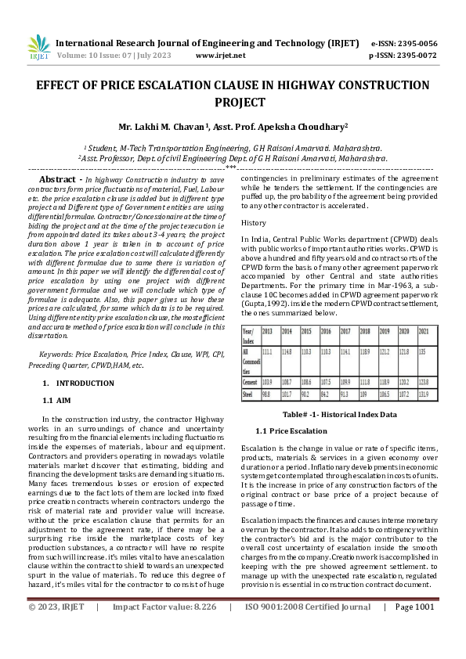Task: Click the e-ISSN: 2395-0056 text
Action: point(404,43)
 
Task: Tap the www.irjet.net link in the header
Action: point(220,56)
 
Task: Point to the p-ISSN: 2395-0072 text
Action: point(403,56)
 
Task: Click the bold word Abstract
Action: point(61,179)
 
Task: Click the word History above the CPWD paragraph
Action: point(255,223)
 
